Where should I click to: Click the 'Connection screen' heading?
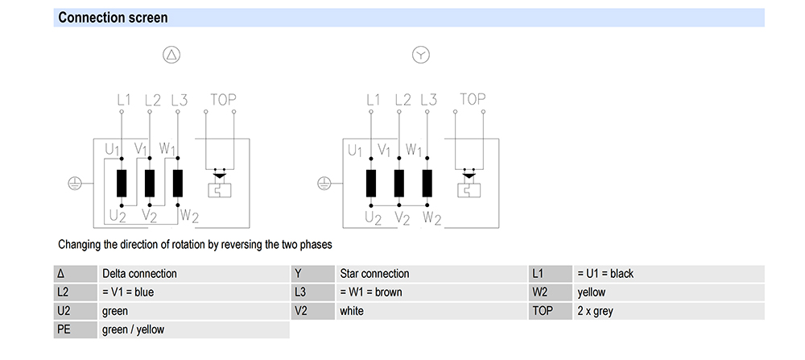[x=113, y=17]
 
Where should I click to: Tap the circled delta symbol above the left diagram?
[x=171, y=55]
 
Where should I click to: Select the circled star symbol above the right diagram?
[x=421, y=55]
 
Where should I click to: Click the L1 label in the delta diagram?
[x=123, y=100]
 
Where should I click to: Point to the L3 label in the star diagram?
[x=428, y=100]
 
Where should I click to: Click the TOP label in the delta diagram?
[x=223, y=100]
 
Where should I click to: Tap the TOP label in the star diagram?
[x=473, y=100]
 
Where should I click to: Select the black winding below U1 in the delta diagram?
[x=122, y=184]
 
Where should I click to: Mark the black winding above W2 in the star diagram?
[x=427, y=184]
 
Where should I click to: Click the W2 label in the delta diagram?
[x=188, y=215]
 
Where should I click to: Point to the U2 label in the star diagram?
[x=373, y=217]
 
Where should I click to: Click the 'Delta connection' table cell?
[x=139, y=273]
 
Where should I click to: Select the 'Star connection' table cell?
[x=374, y=273]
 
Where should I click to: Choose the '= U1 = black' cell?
[x=605, y=273]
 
